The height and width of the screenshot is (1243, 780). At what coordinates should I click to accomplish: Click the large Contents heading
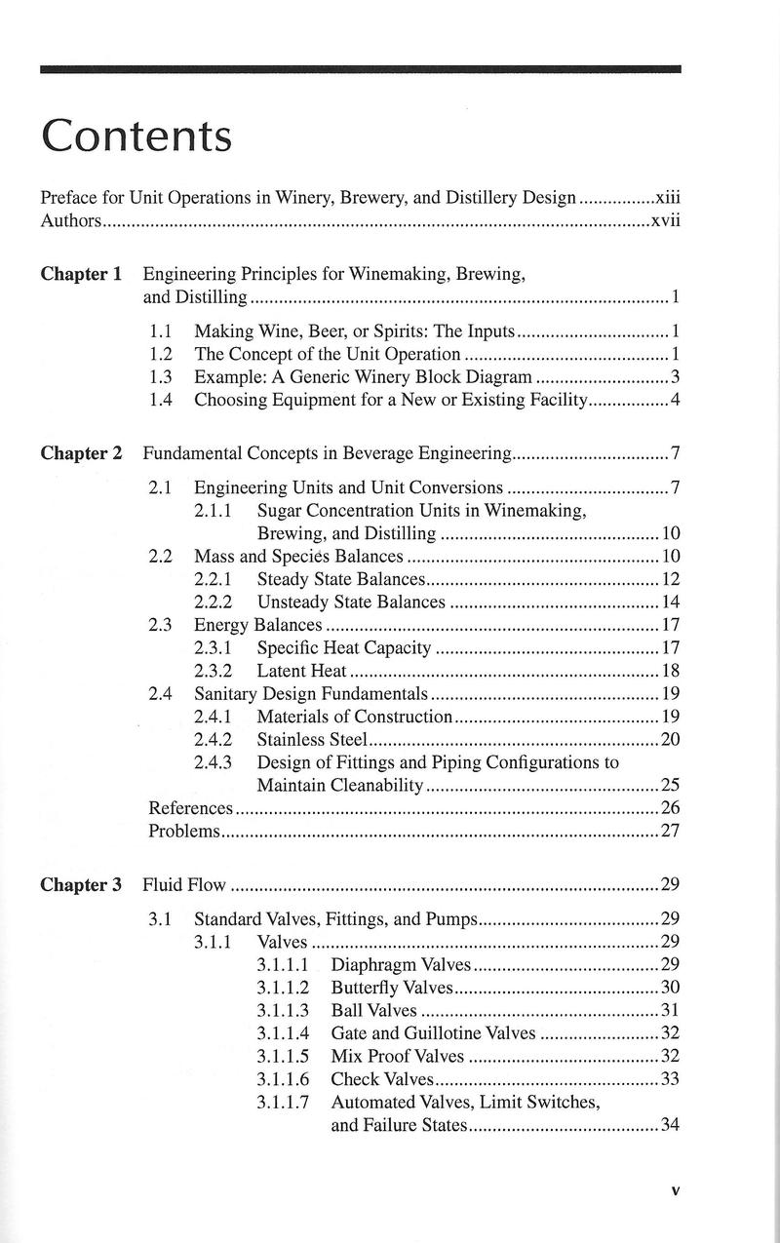tap(136, 136)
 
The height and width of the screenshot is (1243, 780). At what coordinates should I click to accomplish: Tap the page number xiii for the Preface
tap(667, 197)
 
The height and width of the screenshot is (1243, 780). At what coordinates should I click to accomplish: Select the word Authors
tap(70, 220)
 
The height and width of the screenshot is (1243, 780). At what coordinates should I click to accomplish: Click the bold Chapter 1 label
tap(81, 274)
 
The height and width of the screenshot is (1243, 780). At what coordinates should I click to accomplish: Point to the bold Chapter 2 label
tap(81, 453)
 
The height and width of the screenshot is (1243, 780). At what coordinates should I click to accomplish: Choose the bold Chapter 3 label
tap(81, 885)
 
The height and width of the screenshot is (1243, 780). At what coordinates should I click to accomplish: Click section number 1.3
tap(160, 377)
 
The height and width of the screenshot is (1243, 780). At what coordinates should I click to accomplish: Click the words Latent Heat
tap(301, 671)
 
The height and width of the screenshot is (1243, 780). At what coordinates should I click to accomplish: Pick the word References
tap(190, 808)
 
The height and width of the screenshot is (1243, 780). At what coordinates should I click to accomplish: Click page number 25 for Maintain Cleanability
tap(670, 785)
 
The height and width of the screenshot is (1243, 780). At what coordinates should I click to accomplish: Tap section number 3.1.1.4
tap(283, 1033)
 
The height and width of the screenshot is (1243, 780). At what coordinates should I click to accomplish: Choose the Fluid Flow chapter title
tap(184, 885)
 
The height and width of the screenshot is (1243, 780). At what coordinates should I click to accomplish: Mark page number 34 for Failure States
tap(670, 1126)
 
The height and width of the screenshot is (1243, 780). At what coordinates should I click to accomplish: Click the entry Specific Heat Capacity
tap(343, 648)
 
